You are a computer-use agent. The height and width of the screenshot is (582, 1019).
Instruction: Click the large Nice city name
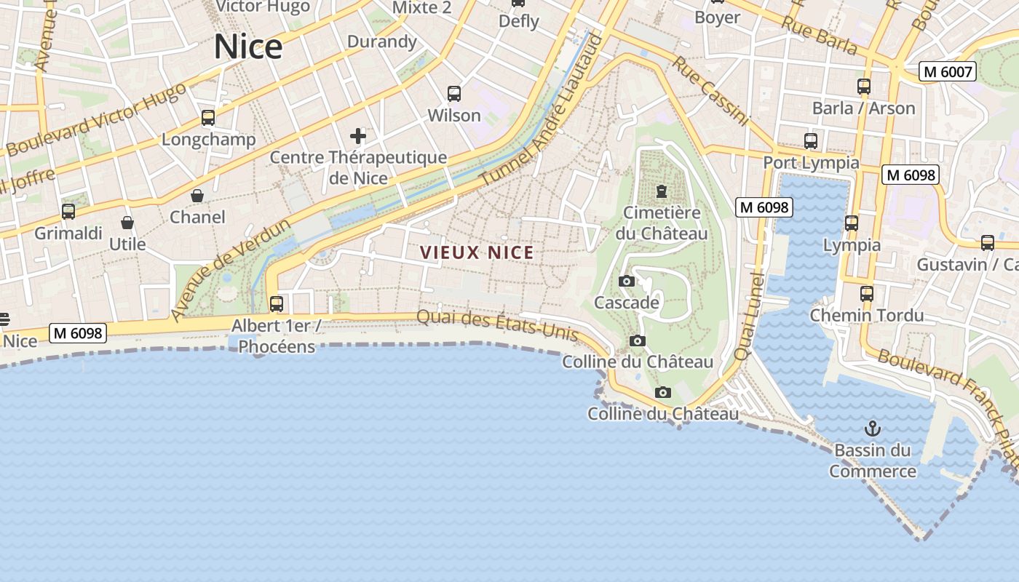click(248, 47)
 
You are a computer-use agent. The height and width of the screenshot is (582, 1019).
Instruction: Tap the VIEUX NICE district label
click(477, 252)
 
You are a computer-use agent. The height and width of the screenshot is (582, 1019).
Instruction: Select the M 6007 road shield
click(947, 71)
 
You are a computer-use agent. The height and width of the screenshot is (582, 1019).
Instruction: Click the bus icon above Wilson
click(454, 93)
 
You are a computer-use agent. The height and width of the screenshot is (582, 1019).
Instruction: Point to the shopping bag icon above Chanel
click(197, 196)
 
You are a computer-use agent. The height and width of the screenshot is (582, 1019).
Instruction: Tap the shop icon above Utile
click(127, 223)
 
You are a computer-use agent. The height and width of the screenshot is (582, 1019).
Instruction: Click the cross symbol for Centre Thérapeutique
click(357, 136)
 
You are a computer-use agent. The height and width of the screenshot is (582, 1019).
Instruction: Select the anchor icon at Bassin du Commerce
click(871, 428)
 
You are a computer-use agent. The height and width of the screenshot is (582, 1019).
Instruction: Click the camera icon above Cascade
click(626, 281)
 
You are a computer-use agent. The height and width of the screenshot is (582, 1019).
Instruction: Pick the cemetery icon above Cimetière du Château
click(661, 191)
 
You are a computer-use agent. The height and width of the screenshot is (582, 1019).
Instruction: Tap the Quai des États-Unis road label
click(497, 326)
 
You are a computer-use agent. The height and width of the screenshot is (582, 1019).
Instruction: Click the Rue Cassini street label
click(710, 91)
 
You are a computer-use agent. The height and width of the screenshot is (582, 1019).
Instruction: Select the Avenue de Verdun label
click(231, 269)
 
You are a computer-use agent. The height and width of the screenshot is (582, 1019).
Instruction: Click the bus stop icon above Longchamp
click(208, 117)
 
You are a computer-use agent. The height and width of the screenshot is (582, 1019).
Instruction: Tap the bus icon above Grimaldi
click(68, 212)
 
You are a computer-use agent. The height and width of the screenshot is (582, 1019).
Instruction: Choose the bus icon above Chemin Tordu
click(866, 294)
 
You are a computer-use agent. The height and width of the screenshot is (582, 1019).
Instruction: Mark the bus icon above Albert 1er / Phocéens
click(277, 304)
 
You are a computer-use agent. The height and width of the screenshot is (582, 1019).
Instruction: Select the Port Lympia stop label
click(811, 162)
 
